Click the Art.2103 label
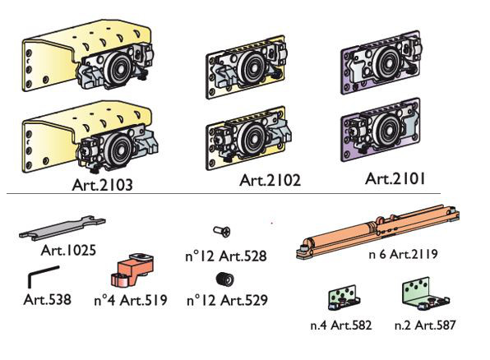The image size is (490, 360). click(x=102, y=185)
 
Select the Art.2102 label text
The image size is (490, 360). click(x=270, y=180)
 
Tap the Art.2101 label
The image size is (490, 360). click(x=395, y=179)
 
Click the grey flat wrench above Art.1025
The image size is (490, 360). click(x=62, y=228)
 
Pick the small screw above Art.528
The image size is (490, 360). click(x=222, y=232)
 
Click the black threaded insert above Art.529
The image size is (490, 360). click(x=224, y=279)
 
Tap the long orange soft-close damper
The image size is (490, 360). click(x=377, y=231)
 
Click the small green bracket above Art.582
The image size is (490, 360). click(x=344, y=297)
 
